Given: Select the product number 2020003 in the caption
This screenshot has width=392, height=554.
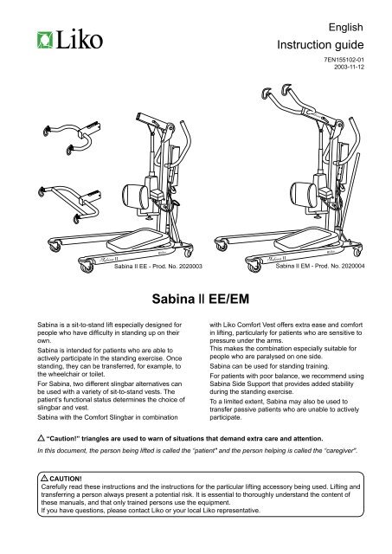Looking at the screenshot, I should pyautogui.click(x=185, y=267).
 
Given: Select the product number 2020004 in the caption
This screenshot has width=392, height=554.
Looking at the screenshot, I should pyautogui.click(x=348, y=267).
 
